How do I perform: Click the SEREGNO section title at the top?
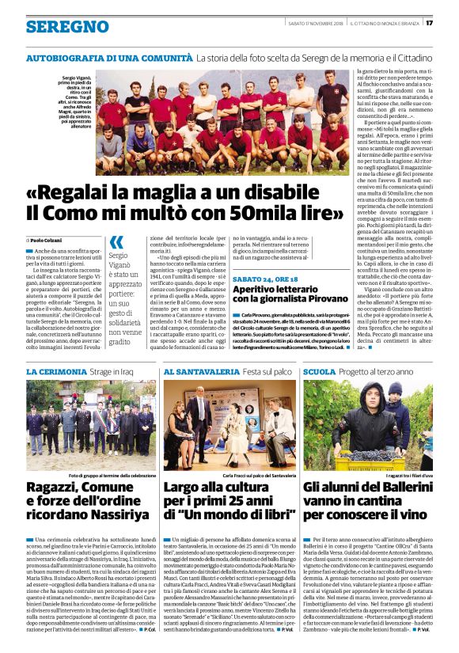(56, 27)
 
